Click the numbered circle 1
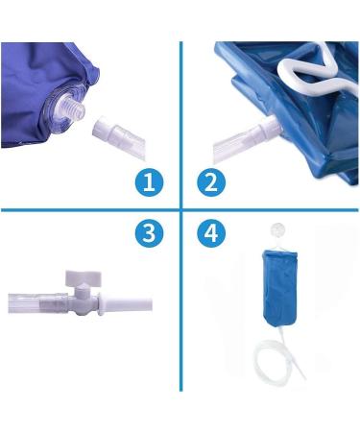(x=149, y=182)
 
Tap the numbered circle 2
(x=211, y=182)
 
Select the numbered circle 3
(x=149, y=232)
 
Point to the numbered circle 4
(x=211, y=232)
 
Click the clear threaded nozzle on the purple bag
(x=74, y=108)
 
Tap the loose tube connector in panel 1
(x=119, y=138)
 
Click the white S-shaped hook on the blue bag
(x=316, y=71)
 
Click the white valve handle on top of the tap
(x=84, y=278)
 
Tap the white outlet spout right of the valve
(x=126, y=304)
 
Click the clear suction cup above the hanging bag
(x=277, y=230)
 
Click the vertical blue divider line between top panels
(x=181, y=125)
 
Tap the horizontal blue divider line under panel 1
(x=90, y=210)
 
